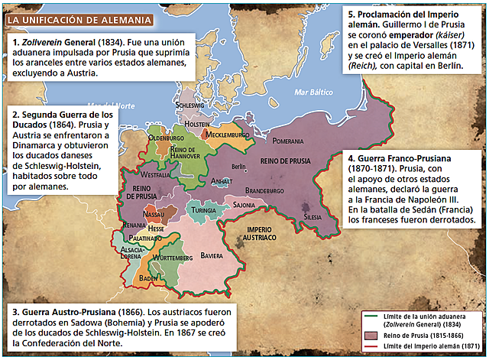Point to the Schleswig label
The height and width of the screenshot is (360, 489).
[189, 105]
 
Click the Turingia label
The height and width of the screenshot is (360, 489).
[203, 210]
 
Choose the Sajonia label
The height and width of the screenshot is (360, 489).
[244, 205]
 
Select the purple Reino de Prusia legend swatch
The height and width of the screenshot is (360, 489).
[373, 334]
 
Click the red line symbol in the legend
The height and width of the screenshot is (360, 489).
[373, 348]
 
